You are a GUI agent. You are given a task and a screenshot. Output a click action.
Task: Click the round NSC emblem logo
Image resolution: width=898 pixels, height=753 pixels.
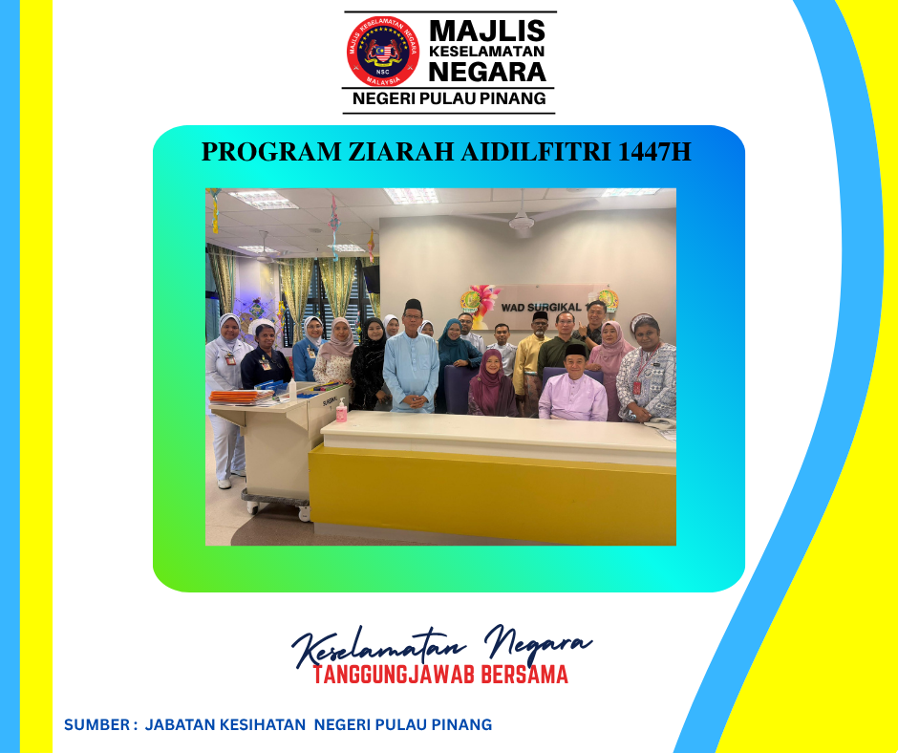coord(382,51)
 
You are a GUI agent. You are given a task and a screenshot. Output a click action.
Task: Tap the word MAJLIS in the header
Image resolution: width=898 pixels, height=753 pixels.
coord(487,31)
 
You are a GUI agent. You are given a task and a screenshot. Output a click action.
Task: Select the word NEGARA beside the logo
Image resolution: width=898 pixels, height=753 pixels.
coord(487,73)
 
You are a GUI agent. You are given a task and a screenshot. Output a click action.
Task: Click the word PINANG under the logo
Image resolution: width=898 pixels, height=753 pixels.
coord(513,98)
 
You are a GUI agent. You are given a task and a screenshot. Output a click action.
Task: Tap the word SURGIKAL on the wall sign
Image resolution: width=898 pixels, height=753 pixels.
coord(554,307)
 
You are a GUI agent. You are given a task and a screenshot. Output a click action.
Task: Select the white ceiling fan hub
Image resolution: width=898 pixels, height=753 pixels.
coord(522,222)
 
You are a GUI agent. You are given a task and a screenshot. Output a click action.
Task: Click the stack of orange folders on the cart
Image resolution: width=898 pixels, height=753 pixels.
coord(241,397)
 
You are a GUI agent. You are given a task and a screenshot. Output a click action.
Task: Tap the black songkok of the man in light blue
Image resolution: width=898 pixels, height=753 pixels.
coord(413,304)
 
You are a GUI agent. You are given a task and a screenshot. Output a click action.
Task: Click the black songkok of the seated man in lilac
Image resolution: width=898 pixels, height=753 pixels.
coord(575,350)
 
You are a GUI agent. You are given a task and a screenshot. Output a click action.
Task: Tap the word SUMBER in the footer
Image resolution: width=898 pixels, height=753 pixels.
coord(96,725)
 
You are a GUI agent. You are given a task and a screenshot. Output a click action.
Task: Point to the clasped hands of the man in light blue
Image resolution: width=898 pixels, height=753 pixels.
coord(417,401)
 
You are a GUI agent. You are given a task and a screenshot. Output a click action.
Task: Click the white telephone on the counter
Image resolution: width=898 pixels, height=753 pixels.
coord(659,423)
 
